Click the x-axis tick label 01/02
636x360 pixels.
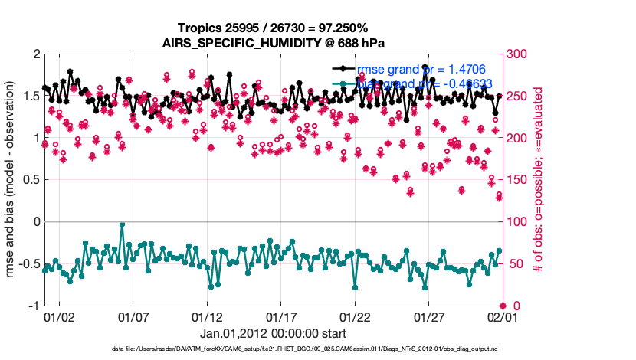[x=59, y=316]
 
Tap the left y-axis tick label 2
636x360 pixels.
[x=35, y=54]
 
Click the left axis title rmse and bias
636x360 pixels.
[x=13, y=180]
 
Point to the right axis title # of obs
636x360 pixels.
[x=539, y=180]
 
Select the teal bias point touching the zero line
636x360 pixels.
[x=123, y=224]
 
